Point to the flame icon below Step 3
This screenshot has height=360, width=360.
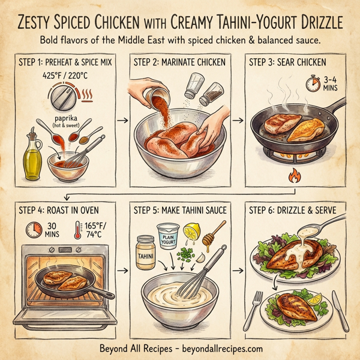coord(294,178)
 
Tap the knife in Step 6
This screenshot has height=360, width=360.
coord(340,306)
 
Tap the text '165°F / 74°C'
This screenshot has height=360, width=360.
coord(94,230)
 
